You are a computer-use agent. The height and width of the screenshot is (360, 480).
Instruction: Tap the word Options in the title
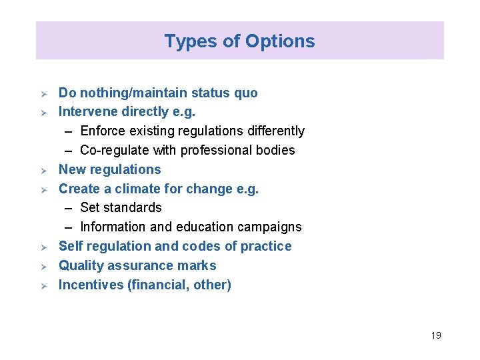click(280, 41)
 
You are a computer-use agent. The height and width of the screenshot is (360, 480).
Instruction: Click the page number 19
click(435, 335)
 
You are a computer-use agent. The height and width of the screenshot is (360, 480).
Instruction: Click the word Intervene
click(88, 112)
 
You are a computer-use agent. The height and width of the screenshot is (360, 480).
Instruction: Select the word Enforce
click(103, 131)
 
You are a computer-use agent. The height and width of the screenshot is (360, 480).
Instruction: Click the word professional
click(211, 151)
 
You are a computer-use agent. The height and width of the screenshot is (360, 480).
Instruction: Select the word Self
click(71, 247)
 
